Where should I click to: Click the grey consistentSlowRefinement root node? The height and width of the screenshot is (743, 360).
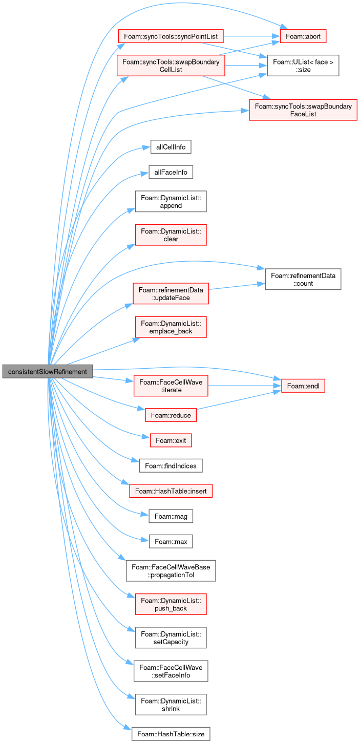[x=48, y=371]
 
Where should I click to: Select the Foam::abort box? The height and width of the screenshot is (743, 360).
[x=303, y=36]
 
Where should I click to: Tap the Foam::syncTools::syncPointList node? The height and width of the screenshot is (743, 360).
[x=171, y=36]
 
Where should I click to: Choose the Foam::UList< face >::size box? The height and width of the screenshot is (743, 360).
[x=303, y=66]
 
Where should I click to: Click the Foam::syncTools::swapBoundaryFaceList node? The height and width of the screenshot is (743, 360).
[x=303, y=110]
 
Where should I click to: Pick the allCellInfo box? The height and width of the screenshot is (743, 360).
[x=171, y=147]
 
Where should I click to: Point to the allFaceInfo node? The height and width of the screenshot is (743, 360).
[x=171, y=172]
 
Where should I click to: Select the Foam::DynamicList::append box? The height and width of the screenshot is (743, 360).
[x=171, y=201]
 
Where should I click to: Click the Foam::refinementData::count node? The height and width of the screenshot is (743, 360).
[x=303, y=279]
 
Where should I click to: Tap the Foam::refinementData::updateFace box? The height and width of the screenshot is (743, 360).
[x=171, y=293]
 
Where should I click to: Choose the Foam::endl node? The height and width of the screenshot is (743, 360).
[x=303, y=386]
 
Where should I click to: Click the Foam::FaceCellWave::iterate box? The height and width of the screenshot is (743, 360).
[x=171, y=386]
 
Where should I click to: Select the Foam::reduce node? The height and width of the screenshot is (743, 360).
[x=171, y=415]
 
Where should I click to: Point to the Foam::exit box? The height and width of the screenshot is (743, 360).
[x=171, y=440]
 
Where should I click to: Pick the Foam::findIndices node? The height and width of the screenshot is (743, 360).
[x=171, y=465]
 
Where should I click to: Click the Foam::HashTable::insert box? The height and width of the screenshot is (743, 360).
[x=171, y=491]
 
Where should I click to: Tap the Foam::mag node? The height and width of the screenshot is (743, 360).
[x=171, y=516]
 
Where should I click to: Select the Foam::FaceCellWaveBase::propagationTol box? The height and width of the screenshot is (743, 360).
[x=171, y=571]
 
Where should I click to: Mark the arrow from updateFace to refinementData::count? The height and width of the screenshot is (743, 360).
[x=237, y=286]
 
